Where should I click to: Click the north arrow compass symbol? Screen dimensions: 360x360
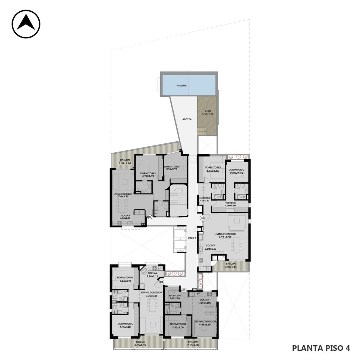[26, 24]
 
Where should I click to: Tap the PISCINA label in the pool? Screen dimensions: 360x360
[182, 85]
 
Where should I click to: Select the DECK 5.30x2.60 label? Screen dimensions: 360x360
[208, 113]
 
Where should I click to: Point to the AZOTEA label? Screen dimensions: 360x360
[187, 119]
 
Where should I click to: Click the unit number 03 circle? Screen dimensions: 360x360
[150, 217]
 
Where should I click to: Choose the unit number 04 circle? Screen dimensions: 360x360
[202, 218]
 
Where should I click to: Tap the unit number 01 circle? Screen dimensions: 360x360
[162, 282]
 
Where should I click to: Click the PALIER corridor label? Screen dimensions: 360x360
[192, 238]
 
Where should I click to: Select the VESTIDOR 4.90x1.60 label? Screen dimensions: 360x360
[230, 204]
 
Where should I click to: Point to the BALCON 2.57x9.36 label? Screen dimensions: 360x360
[125, 162]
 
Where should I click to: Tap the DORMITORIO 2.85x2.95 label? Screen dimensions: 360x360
[236, 171]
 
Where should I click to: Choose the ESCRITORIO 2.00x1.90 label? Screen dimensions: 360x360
[175, 297]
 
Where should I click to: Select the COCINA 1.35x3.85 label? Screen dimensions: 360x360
[204, 301]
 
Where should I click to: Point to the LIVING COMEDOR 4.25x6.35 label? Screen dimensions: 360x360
[225, 235]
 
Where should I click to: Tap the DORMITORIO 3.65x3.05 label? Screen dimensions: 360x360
[125, 325]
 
